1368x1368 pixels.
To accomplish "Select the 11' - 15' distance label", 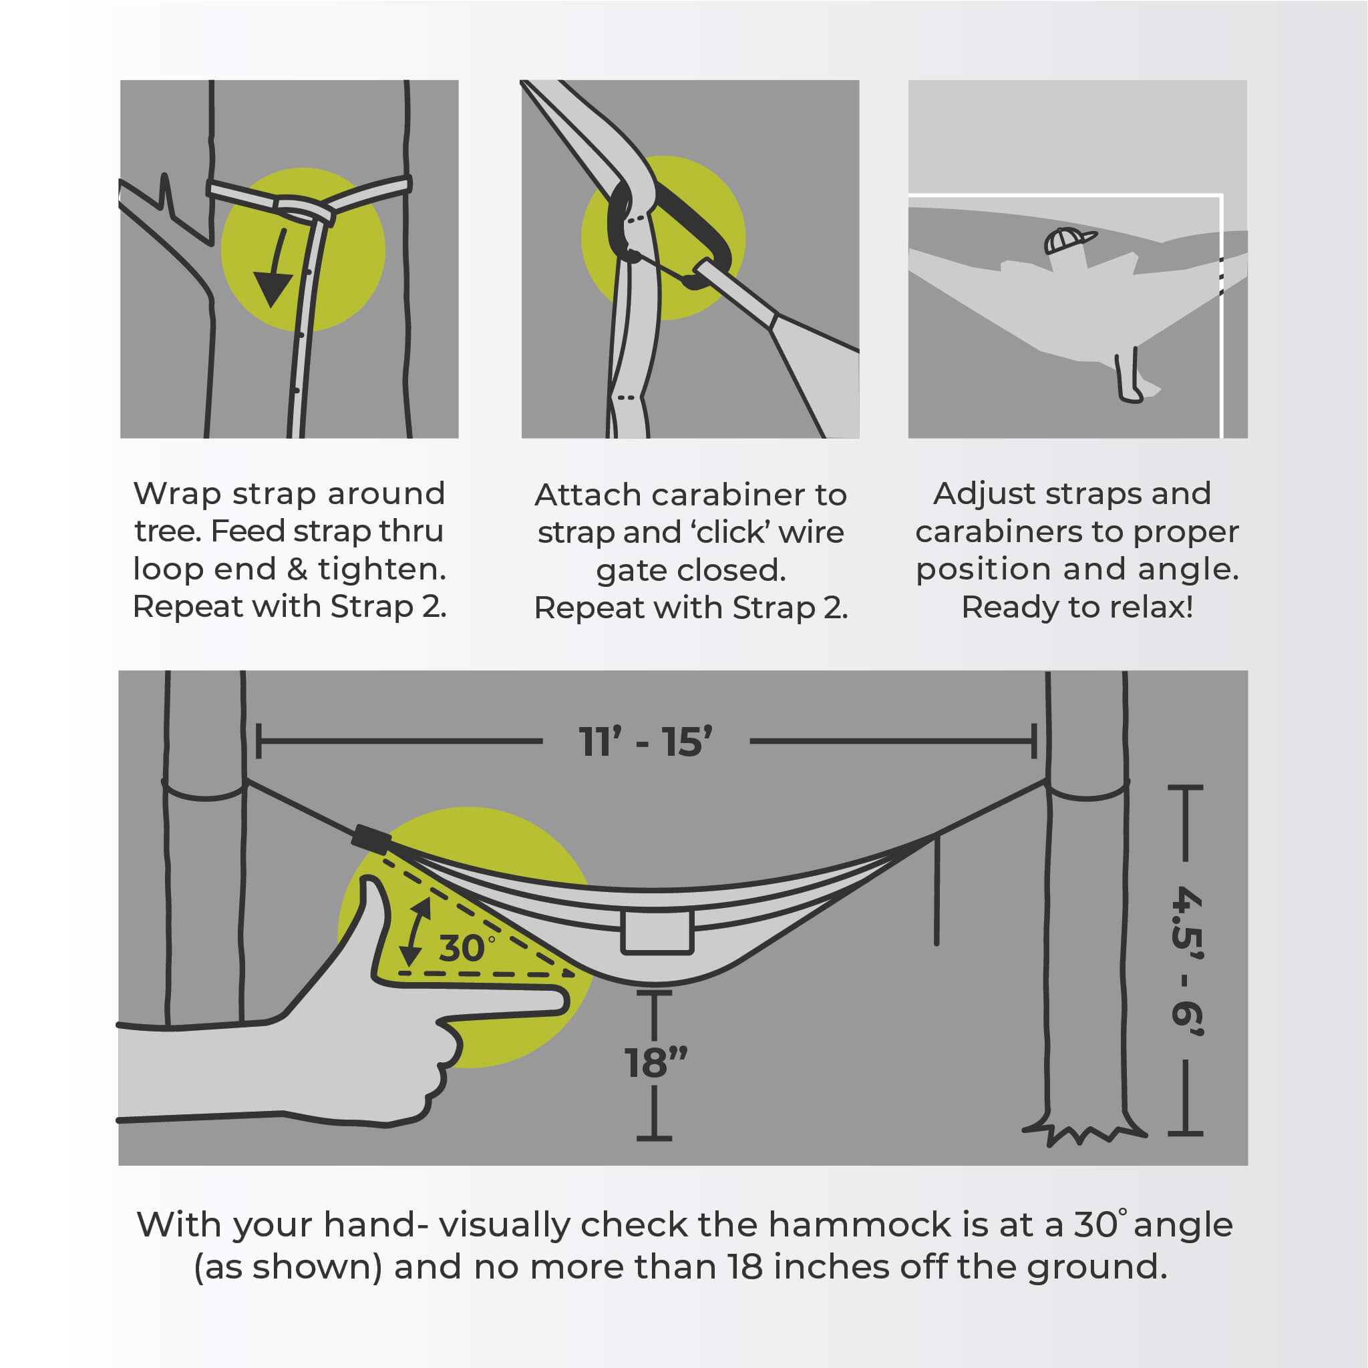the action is tap(645, 742).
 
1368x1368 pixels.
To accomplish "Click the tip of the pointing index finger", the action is tap(566, 1001).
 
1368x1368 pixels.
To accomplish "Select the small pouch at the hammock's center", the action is tap(657, 933).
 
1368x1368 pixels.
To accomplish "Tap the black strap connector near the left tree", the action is tap(371, 840).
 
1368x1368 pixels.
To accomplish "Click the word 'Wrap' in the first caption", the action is tap(177, 493).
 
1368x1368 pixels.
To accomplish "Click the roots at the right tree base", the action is tap(1083, 1132).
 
